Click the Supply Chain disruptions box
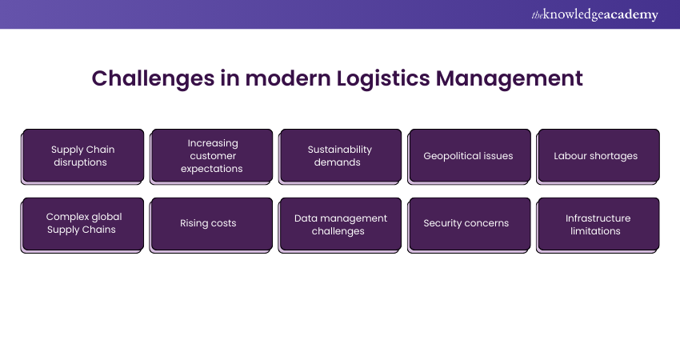pos(82,156)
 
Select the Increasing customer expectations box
pos(211,156)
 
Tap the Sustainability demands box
pos(340,156)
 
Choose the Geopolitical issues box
pos(469,156)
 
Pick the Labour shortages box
pos(598,156)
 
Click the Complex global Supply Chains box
pos(82,225)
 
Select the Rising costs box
pos(211,225)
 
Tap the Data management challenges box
pos(340,225)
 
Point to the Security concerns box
pos(469,225)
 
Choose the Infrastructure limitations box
pos(598,225)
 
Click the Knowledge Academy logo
pos(595,14)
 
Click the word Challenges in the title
pos(153,79)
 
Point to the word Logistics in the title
pos(383,79)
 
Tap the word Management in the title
pos(509,79)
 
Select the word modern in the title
pos(287,78)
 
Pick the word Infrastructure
pos(598,218)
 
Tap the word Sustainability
pos(339,150)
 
